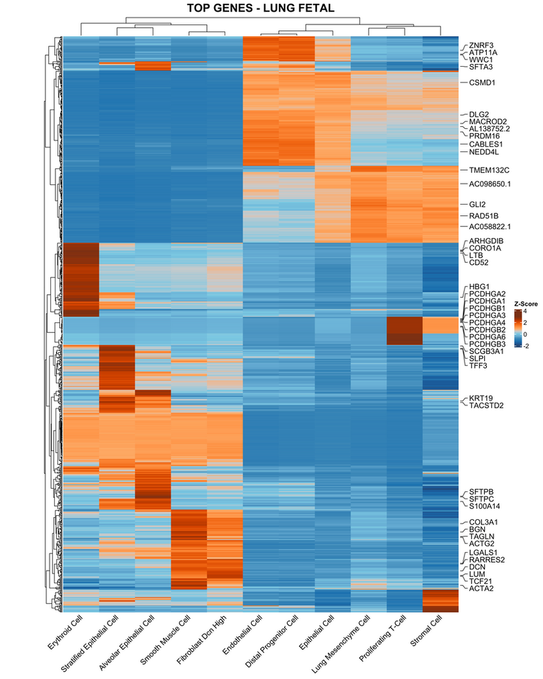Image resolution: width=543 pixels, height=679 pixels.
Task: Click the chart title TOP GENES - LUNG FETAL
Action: [x=260, y=9]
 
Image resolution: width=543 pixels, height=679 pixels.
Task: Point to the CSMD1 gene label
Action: [x=482, y=83]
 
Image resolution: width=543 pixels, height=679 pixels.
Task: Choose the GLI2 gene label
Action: [x=477, y=205]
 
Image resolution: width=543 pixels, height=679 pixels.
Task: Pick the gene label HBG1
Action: [x=479, y=286]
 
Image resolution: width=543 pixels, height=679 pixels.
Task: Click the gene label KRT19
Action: [x=480, y=398]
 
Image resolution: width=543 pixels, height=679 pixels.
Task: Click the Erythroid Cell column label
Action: [x=65, y=637]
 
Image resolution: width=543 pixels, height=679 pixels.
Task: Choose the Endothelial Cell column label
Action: [x=243, y=637]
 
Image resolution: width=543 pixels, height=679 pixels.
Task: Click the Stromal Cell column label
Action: [x=427, y=633]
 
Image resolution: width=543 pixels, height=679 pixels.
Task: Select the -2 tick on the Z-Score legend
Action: [x=526, y=344]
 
